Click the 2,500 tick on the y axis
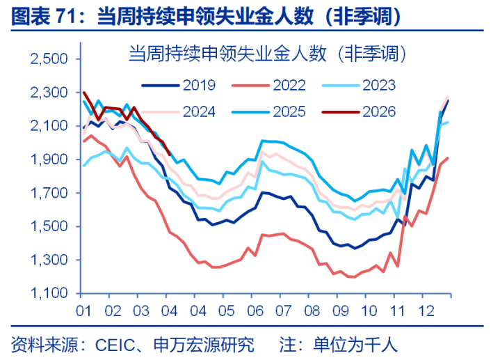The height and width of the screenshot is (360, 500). tap(49, 59)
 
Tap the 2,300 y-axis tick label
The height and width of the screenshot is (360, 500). tap(49, 93)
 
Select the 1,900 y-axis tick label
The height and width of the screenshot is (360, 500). tap(49, 159)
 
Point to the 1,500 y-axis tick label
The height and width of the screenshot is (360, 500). tap(49, 226)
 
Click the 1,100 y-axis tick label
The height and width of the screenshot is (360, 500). tap(49, 294)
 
